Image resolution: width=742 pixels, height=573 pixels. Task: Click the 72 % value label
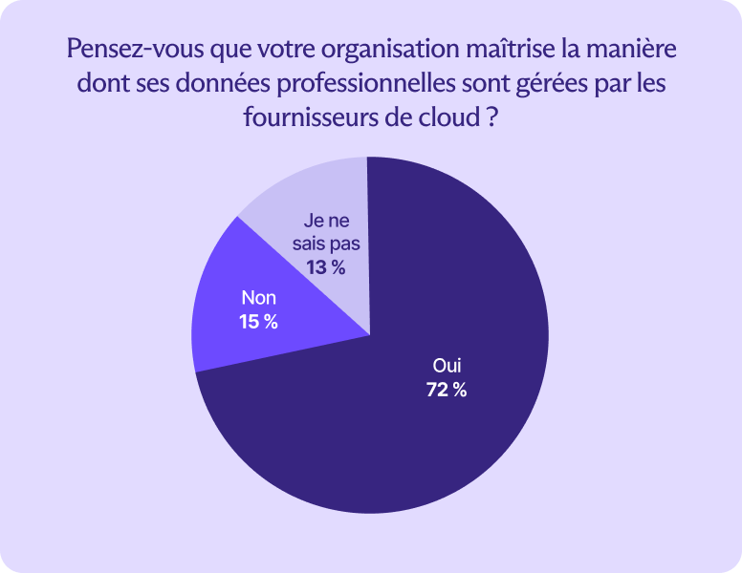point(447,390)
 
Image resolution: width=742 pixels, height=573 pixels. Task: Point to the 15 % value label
point(258,322)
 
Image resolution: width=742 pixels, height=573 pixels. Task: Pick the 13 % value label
point(326,267)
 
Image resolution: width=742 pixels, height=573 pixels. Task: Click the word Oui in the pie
point(447,366)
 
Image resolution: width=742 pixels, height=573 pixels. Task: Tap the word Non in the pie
point(258,298)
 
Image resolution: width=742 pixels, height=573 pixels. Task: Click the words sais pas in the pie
point(326,244)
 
